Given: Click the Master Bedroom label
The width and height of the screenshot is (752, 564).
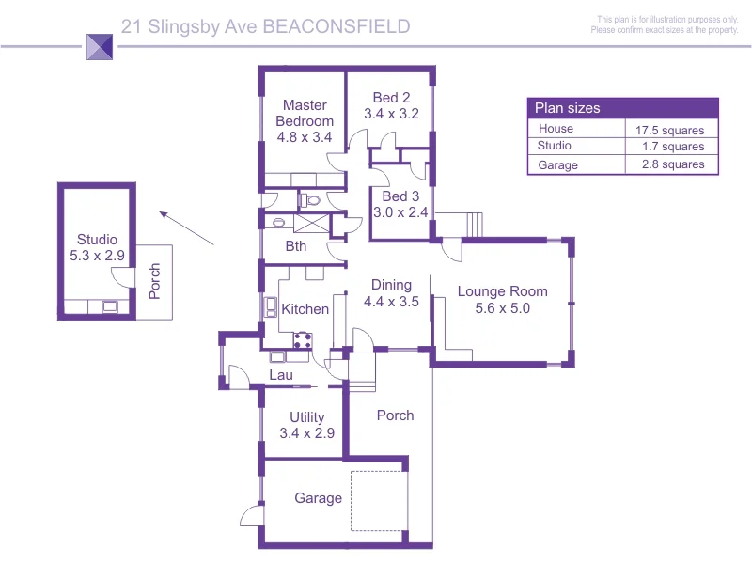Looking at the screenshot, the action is coord(305,113).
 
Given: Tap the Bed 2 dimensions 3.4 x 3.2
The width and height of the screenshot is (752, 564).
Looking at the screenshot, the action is coord(391,114).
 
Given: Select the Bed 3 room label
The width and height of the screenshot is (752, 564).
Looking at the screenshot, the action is coord(400,196).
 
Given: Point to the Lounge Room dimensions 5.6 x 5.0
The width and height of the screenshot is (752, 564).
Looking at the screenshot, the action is coord(503,308).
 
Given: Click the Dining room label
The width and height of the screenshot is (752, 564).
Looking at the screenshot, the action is coord(391,285).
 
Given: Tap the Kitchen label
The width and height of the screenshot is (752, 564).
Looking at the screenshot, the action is coord(305,309).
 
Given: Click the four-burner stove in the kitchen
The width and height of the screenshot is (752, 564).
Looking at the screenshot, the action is coord(303,340).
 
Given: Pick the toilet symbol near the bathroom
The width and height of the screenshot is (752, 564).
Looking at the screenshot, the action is coord(310,200).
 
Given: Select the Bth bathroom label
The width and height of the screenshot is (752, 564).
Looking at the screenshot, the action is coord(296,246).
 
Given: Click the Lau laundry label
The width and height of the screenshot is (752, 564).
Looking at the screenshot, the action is coord(281,375).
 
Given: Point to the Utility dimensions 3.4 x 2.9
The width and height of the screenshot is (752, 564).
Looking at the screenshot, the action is coord(307,433).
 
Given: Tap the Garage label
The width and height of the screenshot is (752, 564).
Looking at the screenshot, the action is coord(319,498).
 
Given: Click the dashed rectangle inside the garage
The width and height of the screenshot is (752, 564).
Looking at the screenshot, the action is coord(351,501).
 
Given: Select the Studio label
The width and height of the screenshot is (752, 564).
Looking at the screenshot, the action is coord(98,240).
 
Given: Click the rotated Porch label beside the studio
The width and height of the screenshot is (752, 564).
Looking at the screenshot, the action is coord(154,281).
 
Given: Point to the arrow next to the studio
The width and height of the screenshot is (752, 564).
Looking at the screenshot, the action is coord(186,228).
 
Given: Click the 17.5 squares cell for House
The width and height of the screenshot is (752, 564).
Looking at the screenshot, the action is coord(670,131).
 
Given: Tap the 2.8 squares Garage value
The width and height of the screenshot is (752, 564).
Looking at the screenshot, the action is coord(673,164).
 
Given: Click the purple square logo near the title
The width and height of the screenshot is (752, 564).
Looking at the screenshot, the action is coord(100,46).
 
